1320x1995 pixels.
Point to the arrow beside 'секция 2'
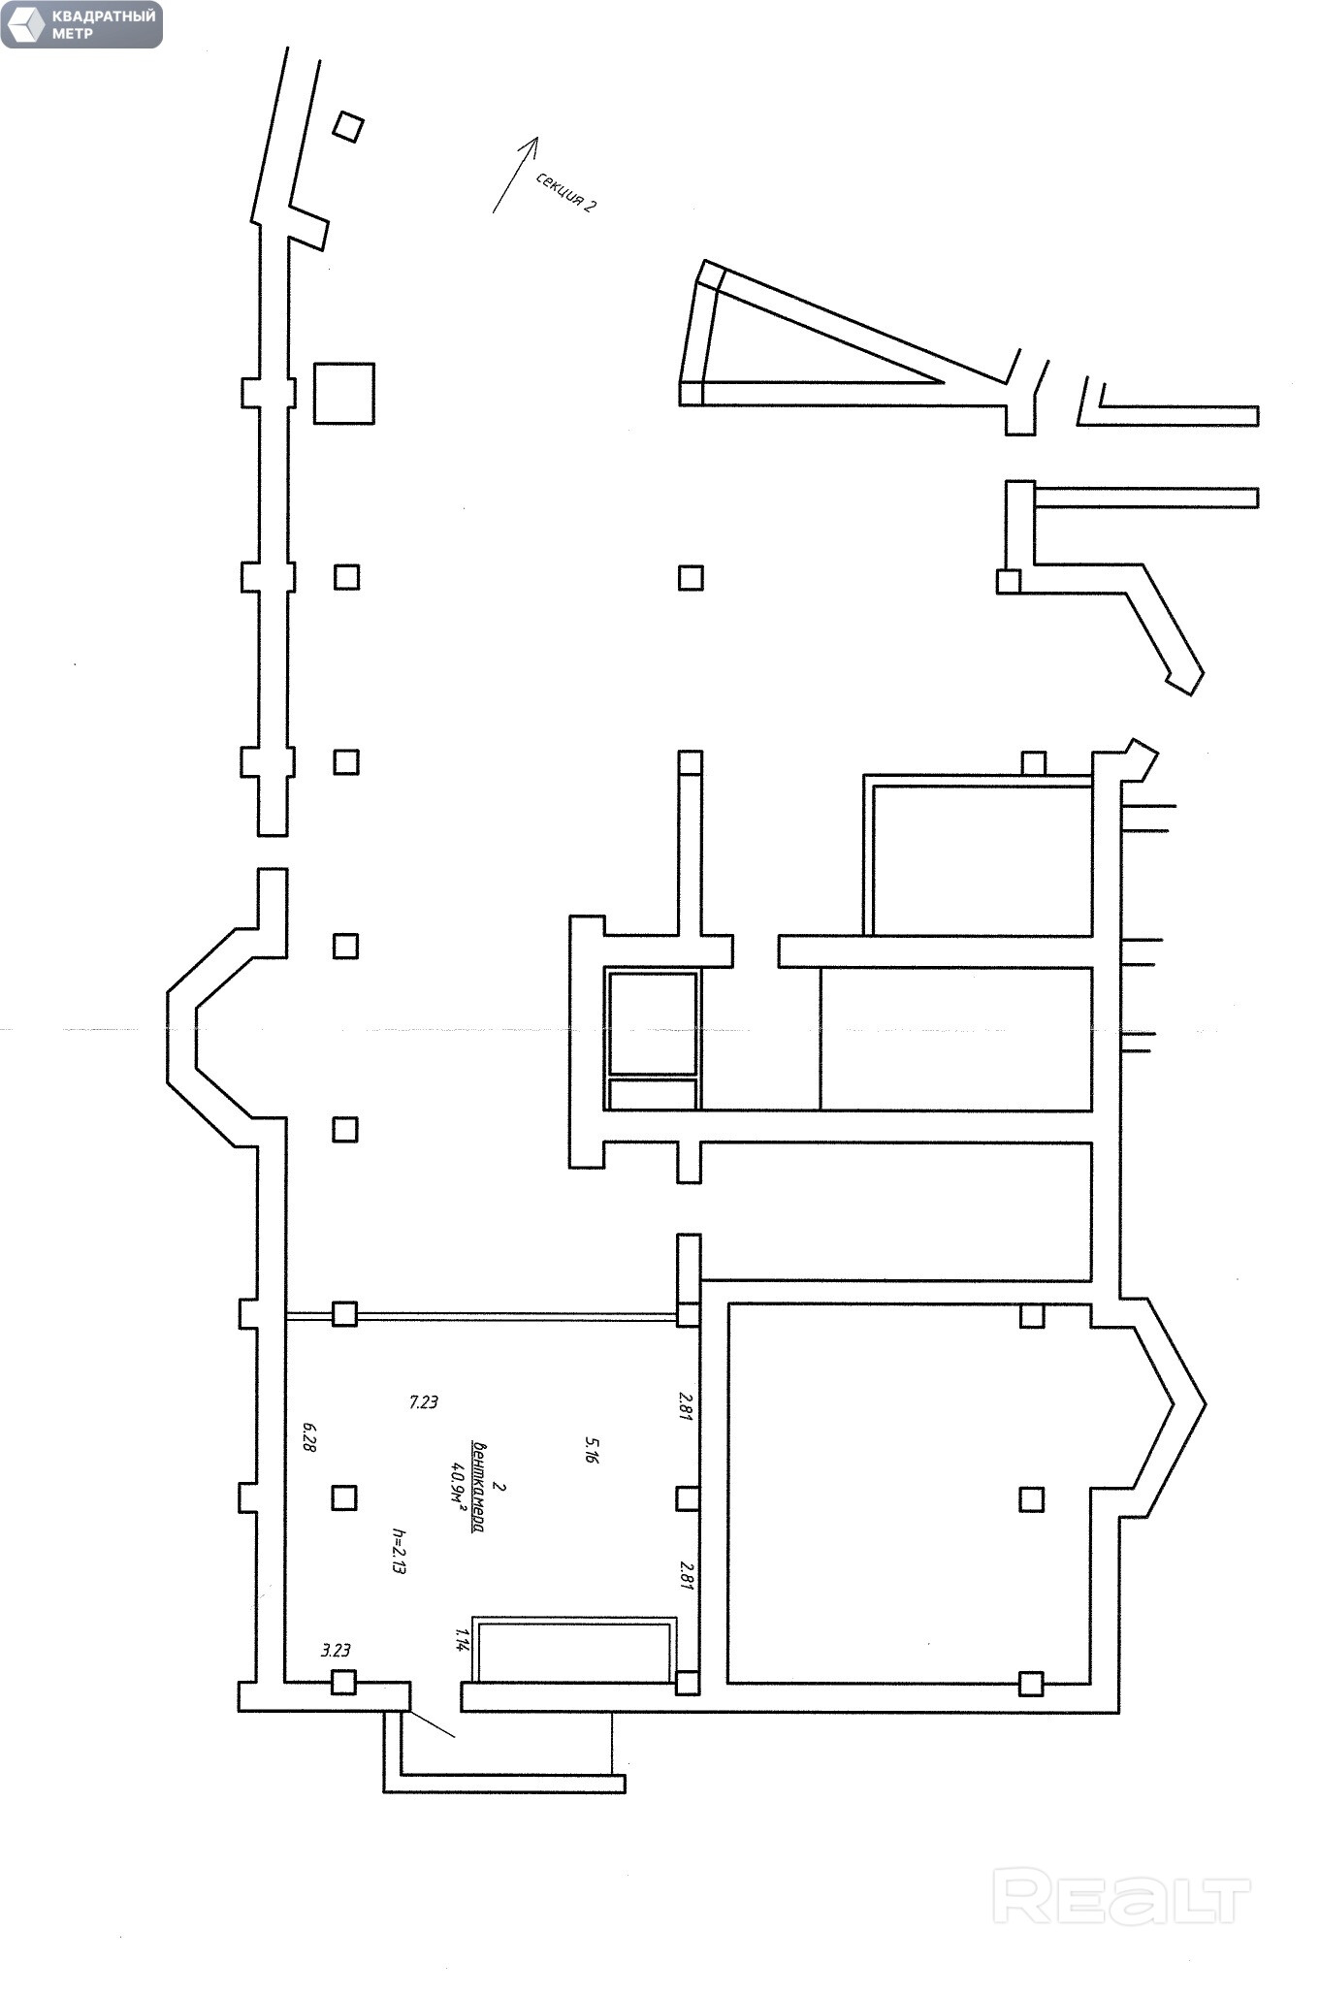click(514, 174)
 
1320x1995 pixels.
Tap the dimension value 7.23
click(424, 1401)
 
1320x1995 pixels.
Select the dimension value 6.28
click(309, 1436)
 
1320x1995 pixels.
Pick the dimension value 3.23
click(336, 1650)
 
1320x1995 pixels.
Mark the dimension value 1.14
click(462, 1639)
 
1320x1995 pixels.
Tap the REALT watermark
click(1121, 1897)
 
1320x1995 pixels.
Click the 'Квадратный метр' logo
click(81, 25)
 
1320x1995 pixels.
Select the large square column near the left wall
click(344, 393)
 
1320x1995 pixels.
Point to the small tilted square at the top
click(348, 127)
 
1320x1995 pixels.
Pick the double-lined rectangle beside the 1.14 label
click(574, 1649)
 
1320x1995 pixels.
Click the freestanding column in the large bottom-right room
click(1032, 1498)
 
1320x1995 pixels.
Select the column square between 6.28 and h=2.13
click(343, 1497)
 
